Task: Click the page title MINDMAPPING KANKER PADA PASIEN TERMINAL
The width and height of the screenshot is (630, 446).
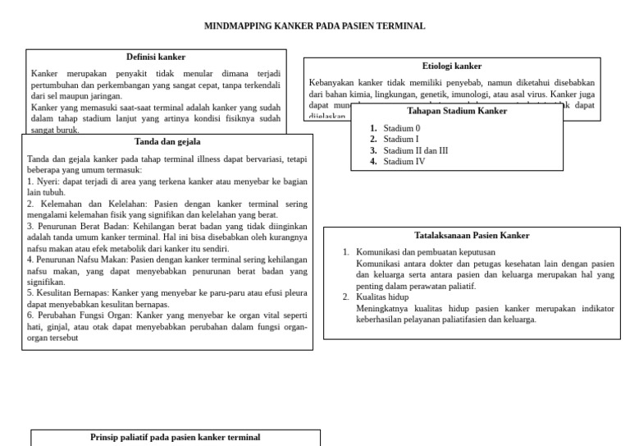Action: tap(314, 26)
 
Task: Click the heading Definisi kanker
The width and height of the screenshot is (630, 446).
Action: tap(156, 57)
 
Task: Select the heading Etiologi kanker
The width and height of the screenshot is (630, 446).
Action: tap(452, 66)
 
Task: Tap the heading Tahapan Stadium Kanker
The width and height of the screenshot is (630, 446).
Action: tap(457, 111)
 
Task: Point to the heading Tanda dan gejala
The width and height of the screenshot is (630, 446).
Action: tap(167, 141)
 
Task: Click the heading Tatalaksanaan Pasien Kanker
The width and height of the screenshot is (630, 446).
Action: tap(472, 235)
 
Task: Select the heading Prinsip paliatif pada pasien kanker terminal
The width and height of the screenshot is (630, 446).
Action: tap(176, 438)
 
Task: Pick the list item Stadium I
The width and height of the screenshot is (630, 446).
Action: tap(400, 140)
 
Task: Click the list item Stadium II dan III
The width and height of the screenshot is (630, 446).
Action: tap(415, 150)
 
